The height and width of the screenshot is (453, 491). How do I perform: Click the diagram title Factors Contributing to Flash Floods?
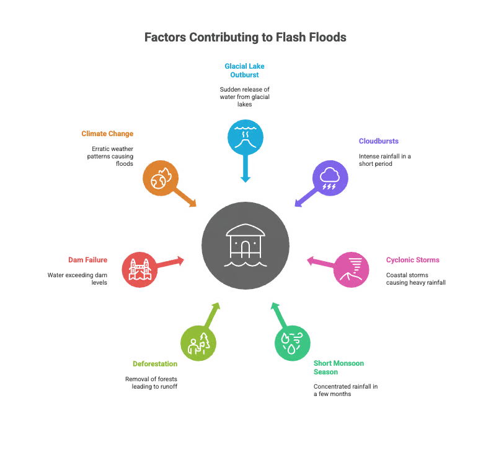(x=245, y=37)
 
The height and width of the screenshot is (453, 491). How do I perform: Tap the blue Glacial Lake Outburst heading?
(x=244, y=71)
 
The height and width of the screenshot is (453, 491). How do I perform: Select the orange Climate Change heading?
(x=107, y=134)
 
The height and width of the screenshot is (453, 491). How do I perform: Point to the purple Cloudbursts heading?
(x=379, y=141)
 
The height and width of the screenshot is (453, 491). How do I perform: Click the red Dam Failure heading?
(x=87, y=260)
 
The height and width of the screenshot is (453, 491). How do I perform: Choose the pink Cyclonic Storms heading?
(x=413, y=260)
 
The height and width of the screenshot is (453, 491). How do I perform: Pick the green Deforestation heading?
(x=155, y=364)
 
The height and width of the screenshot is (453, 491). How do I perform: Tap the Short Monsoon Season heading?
(x=339, y=368)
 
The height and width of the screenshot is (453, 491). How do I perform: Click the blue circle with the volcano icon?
(x=245, y=137)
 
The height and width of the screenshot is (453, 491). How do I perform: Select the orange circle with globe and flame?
(x=161, y=178)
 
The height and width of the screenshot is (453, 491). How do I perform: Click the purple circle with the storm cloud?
(x=330, y=178)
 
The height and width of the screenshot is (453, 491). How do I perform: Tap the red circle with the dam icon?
(x=139, y=269)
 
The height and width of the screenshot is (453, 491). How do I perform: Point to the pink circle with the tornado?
(x=351, y=269)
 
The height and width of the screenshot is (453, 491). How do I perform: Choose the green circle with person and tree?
(x=198, y=343)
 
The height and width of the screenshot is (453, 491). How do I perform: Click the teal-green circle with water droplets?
(x=293, y=343)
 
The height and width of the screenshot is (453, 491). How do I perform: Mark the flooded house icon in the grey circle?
(x=245, y=246)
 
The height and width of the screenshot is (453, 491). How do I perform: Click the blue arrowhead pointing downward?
(x=245, y=179)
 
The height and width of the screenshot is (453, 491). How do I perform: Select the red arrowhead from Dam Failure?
(x=180, y=261)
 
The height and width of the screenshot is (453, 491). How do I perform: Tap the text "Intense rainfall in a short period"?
(x=385, y=160)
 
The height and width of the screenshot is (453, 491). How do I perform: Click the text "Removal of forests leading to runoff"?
(x=151, y=382)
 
